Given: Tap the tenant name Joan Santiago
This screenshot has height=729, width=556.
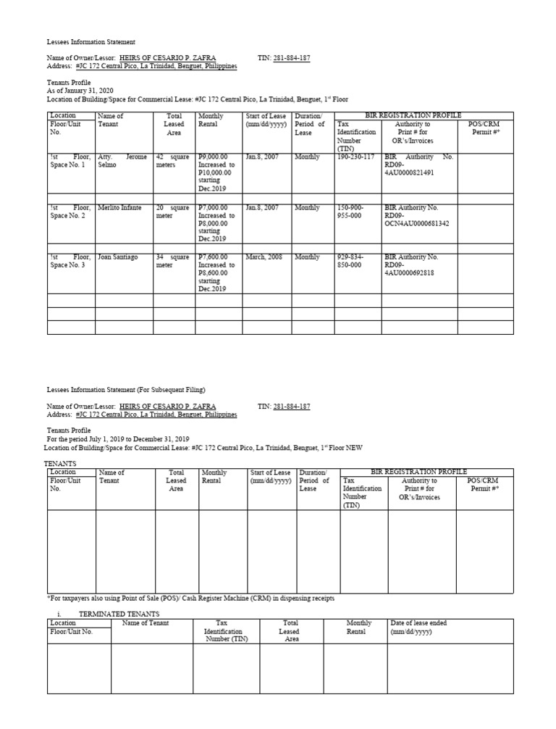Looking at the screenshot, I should click(x=117, y=257).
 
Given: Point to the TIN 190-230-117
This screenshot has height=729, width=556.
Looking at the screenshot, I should click(x=355, y=157).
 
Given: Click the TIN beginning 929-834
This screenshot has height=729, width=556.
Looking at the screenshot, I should click(x=351, y=262).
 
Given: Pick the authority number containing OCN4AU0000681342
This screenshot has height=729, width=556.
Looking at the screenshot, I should click(x=416, y=216).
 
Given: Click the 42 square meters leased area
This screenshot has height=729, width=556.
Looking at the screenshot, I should click(x=172, y=161).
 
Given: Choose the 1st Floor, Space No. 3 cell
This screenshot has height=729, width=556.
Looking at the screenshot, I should click(x=70, y=262).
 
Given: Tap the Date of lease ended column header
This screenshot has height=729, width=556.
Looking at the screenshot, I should click(x=418, y=627).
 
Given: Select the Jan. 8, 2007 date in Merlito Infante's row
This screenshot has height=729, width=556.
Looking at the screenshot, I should click(x=262, y=208).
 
